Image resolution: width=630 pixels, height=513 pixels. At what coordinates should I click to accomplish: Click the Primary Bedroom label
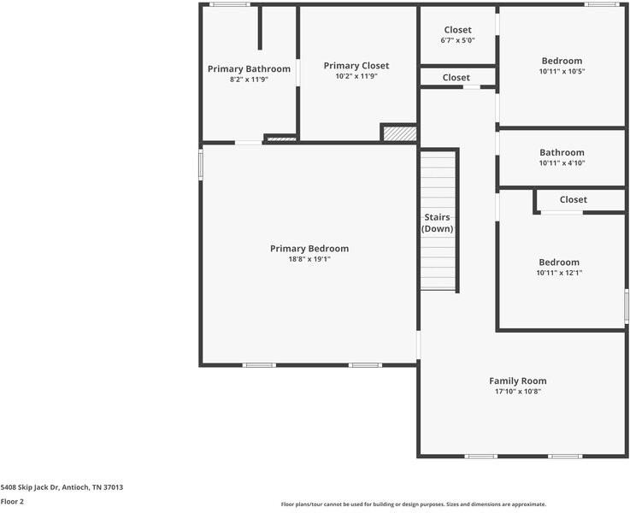pos(309,249)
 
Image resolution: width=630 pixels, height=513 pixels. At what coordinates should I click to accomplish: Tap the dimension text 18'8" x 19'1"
pos(309,259)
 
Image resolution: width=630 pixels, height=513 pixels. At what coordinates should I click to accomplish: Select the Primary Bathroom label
pos(249,69)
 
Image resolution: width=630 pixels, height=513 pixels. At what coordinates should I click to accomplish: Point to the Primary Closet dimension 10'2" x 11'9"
pos(356,76)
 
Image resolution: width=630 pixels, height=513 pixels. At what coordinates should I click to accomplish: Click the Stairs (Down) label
pos(437,223)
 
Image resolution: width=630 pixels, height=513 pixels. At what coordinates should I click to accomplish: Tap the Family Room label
pos(517,381)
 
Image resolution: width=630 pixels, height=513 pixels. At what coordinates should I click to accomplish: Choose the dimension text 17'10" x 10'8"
pos(517,392)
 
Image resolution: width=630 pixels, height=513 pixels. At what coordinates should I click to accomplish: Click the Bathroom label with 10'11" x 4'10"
pos(562,153)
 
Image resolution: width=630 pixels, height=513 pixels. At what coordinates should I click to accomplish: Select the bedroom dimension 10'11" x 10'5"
pos(562,71)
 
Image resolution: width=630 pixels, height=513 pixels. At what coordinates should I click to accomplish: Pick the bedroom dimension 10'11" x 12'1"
pos(559,273)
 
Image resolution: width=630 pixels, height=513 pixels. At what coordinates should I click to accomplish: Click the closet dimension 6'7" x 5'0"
pos(457,40)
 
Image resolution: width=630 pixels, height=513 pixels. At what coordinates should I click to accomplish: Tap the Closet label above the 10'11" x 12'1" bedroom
pos(573,200)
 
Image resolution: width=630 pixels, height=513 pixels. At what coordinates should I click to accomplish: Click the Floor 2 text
pos(12,502)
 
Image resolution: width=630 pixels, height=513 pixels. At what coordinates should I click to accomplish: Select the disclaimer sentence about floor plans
pos(413,504)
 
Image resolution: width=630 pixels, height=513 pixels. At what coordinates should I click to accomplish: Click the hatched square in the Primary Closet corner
pos(398,133)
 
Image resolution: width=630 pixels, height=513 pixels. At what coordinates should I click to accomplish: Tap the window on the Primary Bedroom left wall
pos(201,164)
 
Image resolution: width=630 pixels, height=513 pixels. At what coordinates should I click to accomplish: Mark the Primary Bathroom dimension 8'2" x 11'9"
pos(249,80)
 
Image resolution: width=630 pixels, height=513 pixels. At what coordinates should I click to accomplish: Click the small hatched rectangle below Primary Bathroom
pos(280,139)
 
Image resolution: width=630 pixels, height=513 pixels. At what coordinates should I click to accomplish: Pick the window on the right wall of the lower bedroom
pos(626,305)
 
